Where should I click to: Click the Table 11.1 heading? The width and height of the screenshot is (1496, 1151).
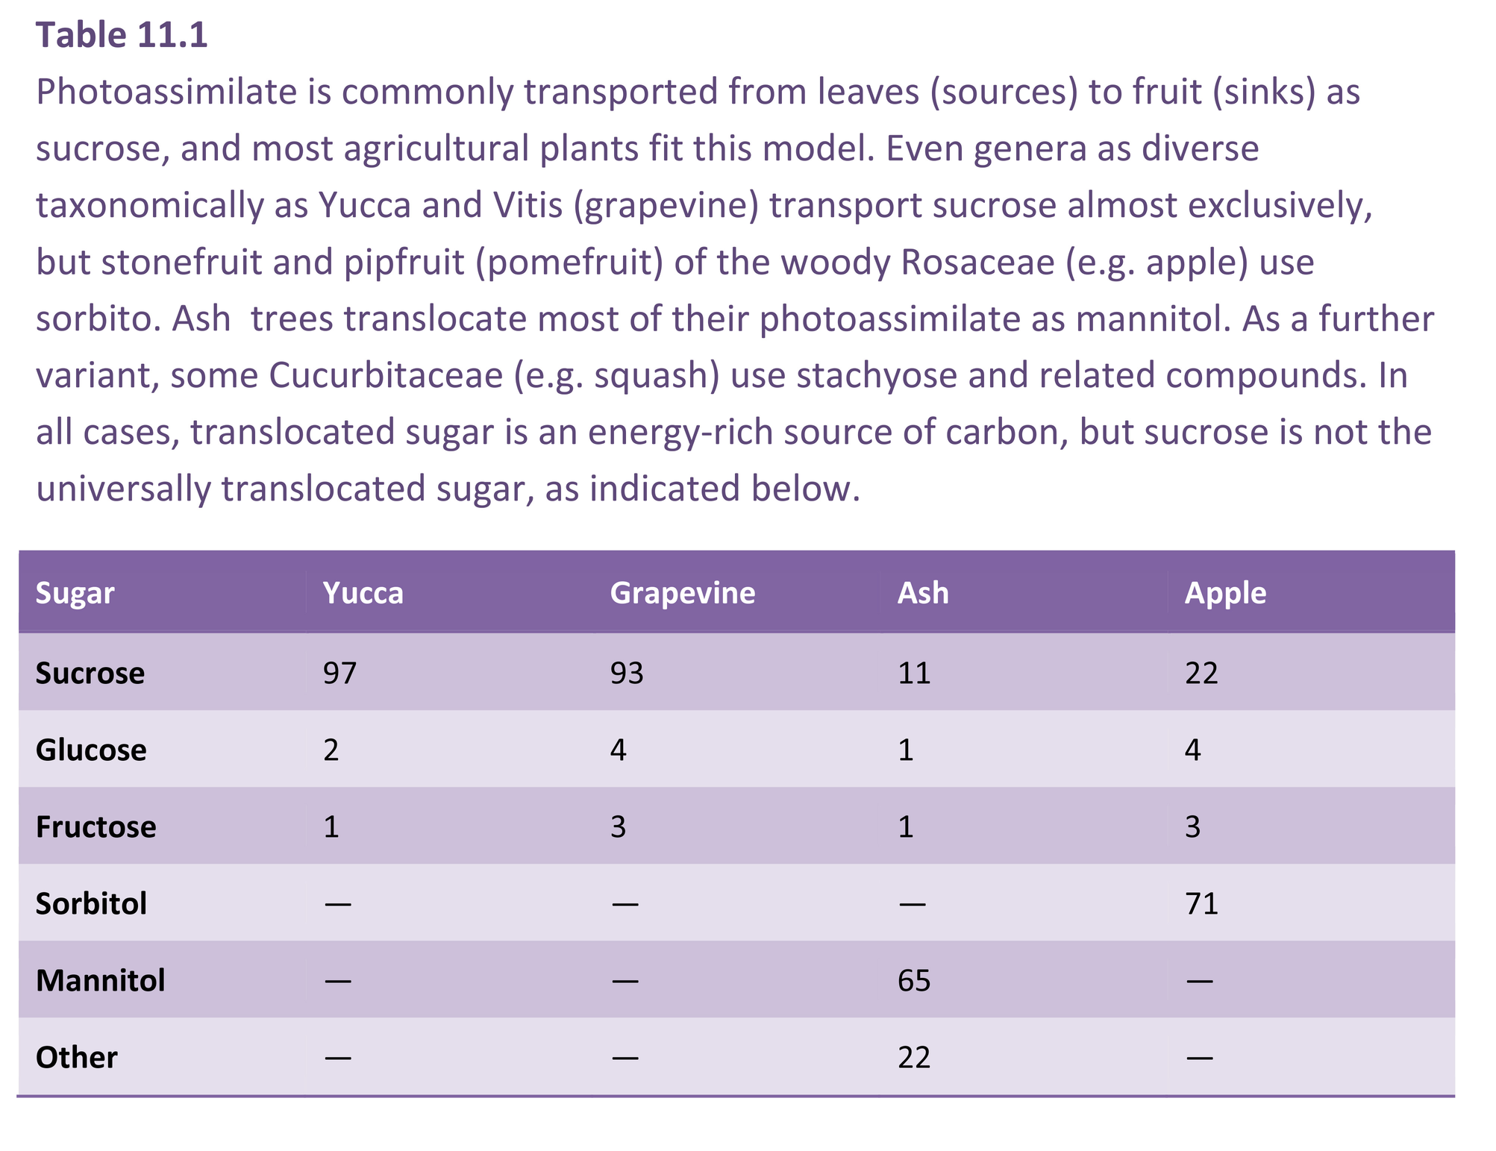tap(122, 35)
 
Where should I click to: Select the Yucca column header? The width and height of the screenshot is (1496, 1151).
tap(363, 593)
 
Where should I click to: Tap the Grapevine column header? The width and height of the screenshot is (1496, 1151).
tap(682, 593)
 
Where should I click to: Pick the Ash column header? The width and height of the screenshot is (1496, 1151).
tap(923, 593)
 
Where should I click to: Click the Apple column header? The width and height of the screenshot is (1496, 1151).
tap(1225, 593)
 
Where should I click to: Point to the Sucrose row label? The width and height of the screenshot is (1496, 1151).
tap(90, 673)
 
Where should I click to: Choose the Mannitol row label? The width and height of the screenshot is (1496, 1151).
tap(100, 980)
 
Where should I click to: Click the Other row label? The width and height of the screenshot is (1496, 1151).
tap(76, 1057)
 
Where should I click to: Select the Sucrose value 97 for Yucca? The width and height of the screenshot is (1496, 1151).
tap(339, 673)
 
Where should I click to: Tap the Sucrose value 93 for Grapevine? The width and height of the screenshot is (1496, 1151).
tap(627, 673)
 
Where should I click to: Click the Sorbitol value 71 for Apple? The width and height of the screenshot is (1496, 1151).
tap(1201, 903)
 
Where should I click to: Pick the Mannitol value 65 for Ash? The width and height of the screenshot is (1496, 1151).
tap(914, 980)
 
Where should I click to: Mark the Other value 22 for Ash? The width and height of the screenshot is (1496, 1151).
tap(914, 1057)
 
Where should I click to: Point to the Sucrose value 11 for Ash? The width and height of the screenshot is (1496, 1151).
tap(914, 673)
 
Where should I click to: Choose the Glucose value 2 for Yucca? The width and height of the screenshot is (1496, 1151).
tap(331, 750)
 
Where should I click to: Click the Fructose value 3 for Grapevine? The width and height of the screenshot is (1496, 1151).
tap(618, 827)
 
